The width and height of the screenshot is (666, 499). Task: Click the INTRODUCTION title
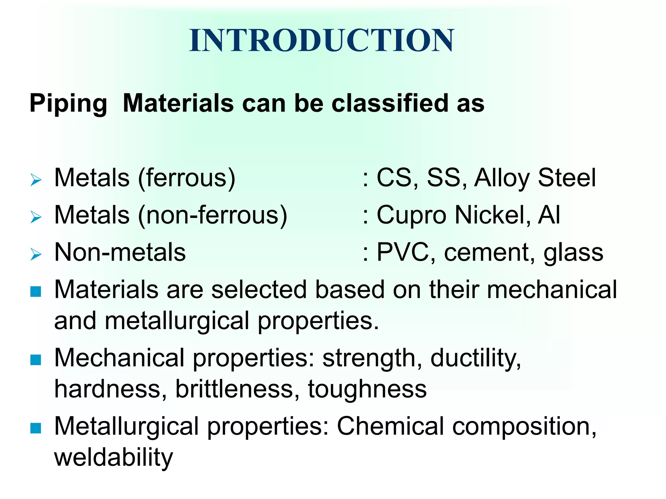click(x=321, y=40)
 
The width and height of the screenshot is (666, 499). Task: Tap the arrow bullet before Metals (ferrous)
click(x=36, y=180)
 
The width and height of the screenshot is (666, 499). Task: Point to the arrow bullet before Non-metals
click(x=36, y=254)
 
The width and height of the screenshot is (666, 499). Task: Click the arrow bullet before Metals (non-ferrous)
click(x=36, y=217)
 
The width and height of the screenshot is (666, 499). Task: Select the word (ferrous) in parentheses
click(x=187, y=178)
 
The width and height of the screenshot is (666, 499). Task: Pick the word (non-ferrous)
click(x=213, y=215)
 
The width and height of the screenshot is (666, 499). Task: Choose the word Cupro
click(x=411, y=215)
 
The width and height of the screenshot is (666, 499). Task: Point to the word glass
click(x=573, y=252)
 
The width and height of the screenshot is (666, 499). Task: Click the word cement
click(x=489, y=252)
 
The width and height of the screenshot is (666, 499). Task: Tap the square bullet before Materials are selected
click(x=35, y=291)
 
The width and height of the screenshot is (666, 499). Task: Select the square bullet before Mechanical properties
click(x=35, y=360)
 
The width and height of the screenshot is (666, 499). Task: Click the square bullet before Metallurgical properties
click(x=35, y=428)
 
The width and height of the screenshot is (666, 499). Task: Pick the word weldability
click(x=113, y=457)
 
